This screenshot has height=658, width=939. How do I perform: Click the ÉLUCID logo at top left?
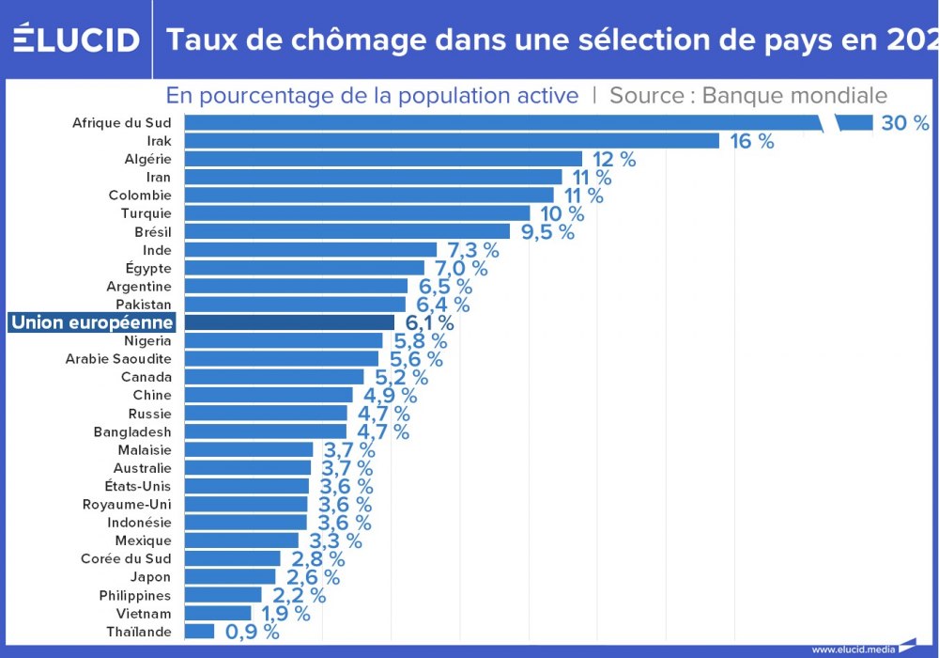click(76, 39)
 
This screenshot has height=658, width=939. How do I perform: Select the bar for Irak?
click(452, 141)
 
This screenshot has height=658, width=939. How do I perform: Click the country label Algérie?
click(147, 159)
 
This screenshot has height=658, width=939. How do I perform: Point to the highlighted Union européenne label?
click(93, 322)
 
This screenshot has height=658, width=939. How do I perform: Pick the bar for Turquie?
click(357, 213)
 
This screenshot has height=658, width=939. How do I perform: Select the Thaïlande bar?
click(199, 631)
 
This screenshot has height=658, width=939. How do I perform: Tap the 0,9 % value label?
click(251, 632)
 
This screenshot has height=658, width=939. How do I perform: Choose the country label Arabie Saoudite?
click(118, 359)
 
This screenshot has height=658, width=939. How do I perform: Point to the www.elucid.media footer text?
click(854, 649)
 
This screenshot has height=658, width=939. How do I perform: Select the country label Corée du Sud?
click(126, 558)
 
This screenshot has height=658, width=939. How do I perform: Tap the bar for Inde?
click(310, 250)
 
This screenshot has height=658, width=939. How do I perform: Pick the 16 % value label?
click(752, 141)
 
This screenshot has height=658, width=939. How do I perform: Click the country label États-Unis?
click(138, 486)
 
